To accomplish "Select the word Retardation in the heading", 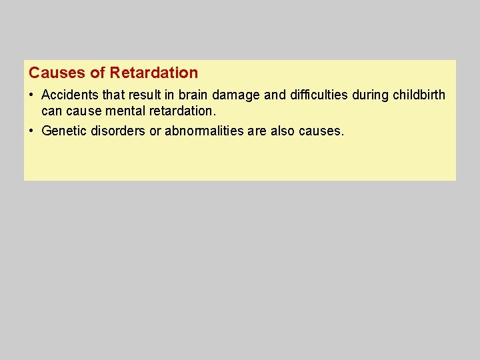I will (x=154, y=73).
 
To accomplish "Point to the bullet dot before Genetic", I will (x=31, y=131).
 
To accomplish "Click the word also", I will (x=282, y=131).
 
